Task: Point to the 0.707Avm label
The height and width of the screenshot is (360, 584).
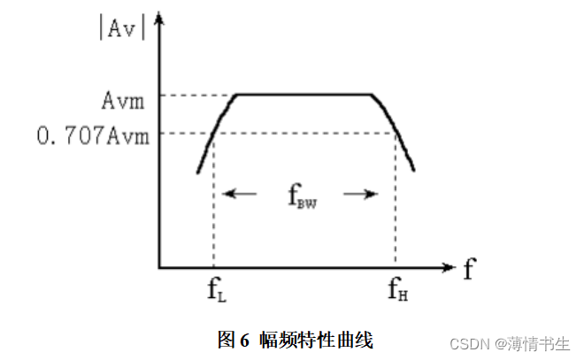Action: (93, 134)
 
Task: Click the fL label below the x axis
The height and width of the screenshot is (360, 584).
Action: (216, 288)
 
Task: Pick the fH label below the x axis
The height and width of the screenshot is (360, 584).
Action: (397, 288)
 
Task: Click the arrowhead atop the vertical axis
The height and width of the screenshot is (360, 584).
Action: (159, 19)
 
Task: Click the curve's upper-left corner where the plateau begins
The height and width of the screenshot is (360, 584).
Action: (234, 95)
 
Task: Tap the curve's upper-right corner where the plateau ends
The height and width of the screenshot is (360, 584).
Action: (372, 95)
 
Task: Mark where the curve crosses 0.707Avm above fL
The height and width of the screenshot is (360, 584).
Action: (214, 134)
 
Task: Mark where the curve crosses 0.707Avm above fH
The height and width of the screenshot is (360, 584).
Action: (395, 134)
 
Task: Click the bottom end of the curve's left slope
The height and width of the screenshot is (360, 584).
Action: (198, 172)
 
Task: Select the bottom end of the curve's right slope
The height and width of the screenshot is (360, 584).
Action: (414, 171)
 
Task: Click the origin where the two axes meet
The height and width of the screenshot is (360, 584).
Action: (159, 266)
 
